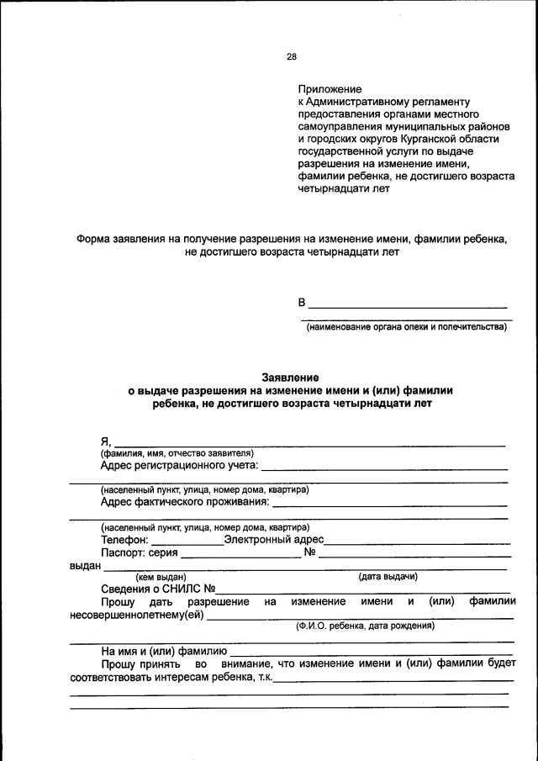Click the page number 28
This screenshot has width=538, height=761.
point(292,57)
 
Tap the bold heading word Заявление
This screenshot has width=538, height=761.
point(289,378)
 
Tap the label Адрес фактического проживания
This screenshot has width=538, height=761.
point(185,502)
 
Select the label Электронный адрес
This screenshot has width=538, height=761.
point(273,540)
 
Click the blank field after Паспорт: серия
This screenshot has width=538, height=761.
point(240,554)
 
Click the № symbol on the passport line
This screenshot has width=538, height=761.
point(309,552)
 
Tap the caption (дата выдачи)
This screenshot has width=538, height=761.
point(388,576)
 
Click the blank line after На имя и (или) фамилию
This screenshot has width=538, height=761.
point(371,652)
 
